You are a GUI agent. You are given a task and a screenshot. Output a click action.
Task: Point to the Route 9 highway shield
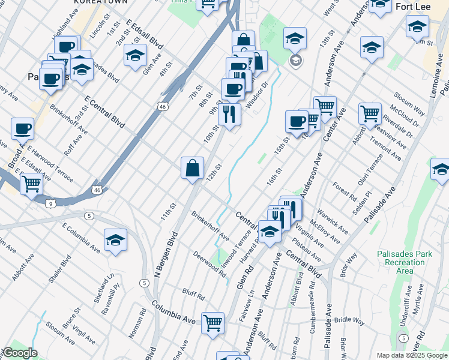(51, 204)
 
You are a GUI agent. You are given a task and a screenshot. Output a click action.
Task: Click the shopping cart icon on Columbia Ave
(213, 323)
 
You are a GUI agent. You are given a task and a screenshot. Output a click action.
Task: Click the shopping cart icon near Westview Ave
(370, 113)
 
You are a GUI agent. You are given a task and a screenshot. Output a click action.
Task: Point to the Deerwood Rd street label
(209, 264)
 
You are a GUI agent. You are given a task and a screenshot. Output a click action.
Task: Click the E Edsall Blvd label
(145, 34)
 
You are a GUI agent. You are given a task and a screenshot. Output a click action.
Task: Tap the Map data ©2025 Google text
(412, 355)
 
